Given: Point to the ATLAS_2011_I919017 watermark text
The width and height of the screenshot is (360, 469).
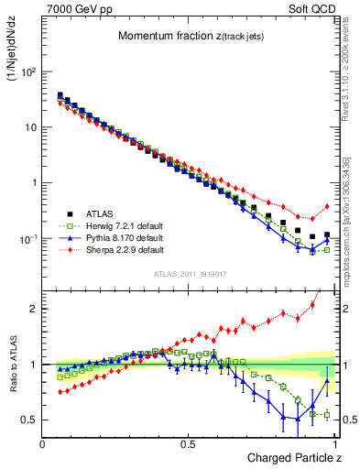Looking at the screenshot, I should [190, 273].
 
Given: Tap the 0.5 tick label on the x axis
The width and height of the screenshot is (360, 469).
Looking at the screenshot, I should [189, 443].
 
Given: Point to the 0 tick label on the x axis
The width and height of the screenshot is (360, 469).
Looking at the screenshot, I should [43, 443].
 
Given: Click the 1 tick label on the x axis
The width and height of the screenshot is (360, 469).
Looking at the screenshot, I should [333, 443].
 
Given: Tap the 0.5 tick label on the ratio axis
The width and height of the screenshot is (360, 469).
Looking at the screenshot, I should [30, 420].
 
